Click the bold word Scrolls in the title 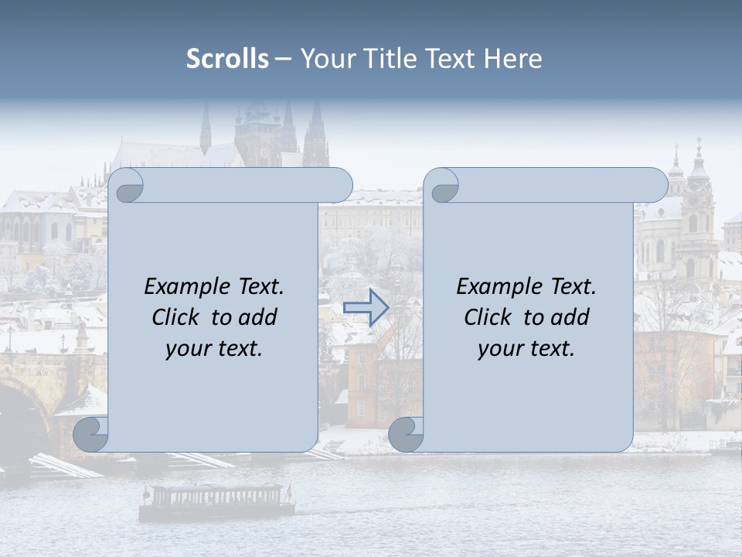point(227,59)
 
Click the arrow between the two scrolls point(366,307)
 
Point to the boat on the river point(216,501)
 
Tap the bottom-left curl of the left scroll point(90,435)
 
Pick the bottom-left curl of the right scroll point(406,435)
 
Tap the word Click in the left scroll point(175,317)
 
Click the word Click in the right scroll point(488,317)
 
